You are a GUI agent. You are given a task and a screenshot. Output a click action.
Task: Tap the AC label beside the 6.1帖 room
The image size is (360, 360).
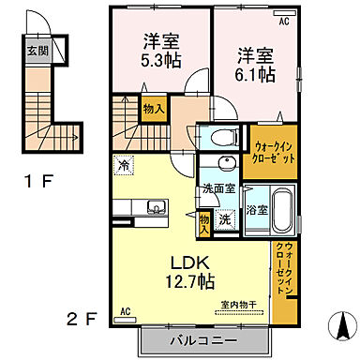pyautogui.click(x=284, y=17)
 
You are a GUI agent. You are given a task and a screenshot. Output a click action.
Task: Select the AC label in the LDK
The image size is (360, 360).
pyautogui.click(x=124, y=309)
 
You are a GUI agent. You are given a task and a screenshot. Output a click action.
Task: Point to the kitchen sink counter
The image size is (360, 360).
pyautogui.click(x=148, y=206)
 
